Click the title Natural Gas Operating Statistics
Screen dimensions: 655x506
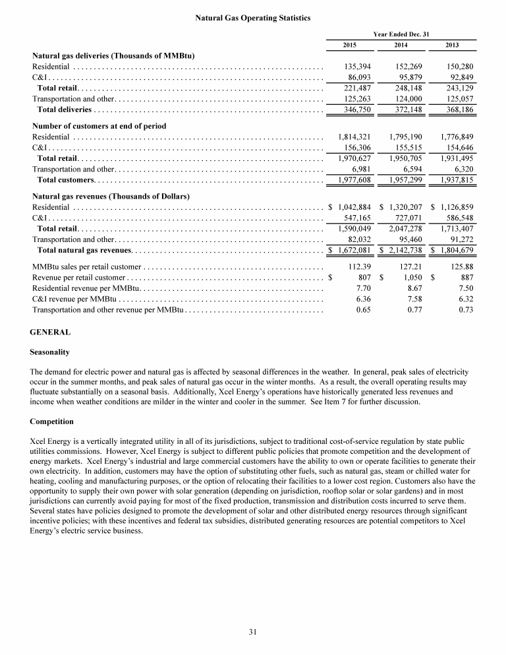point(253,18)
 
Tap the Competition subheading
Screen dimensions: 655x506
point(52,421)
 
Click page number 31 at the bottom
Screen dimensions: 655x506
point(252,632)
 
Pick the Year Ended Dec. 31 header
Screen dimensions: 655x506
point(401,33)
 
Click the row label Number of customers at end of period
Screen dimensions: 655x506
point(99,126)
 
